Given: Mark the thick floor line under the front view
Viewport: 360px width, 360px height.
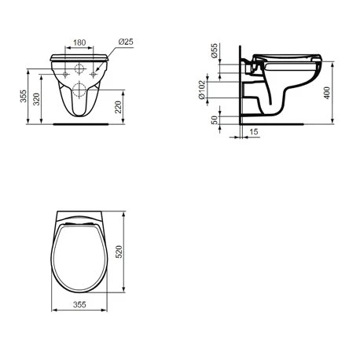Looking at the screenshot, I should (79, 123).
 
